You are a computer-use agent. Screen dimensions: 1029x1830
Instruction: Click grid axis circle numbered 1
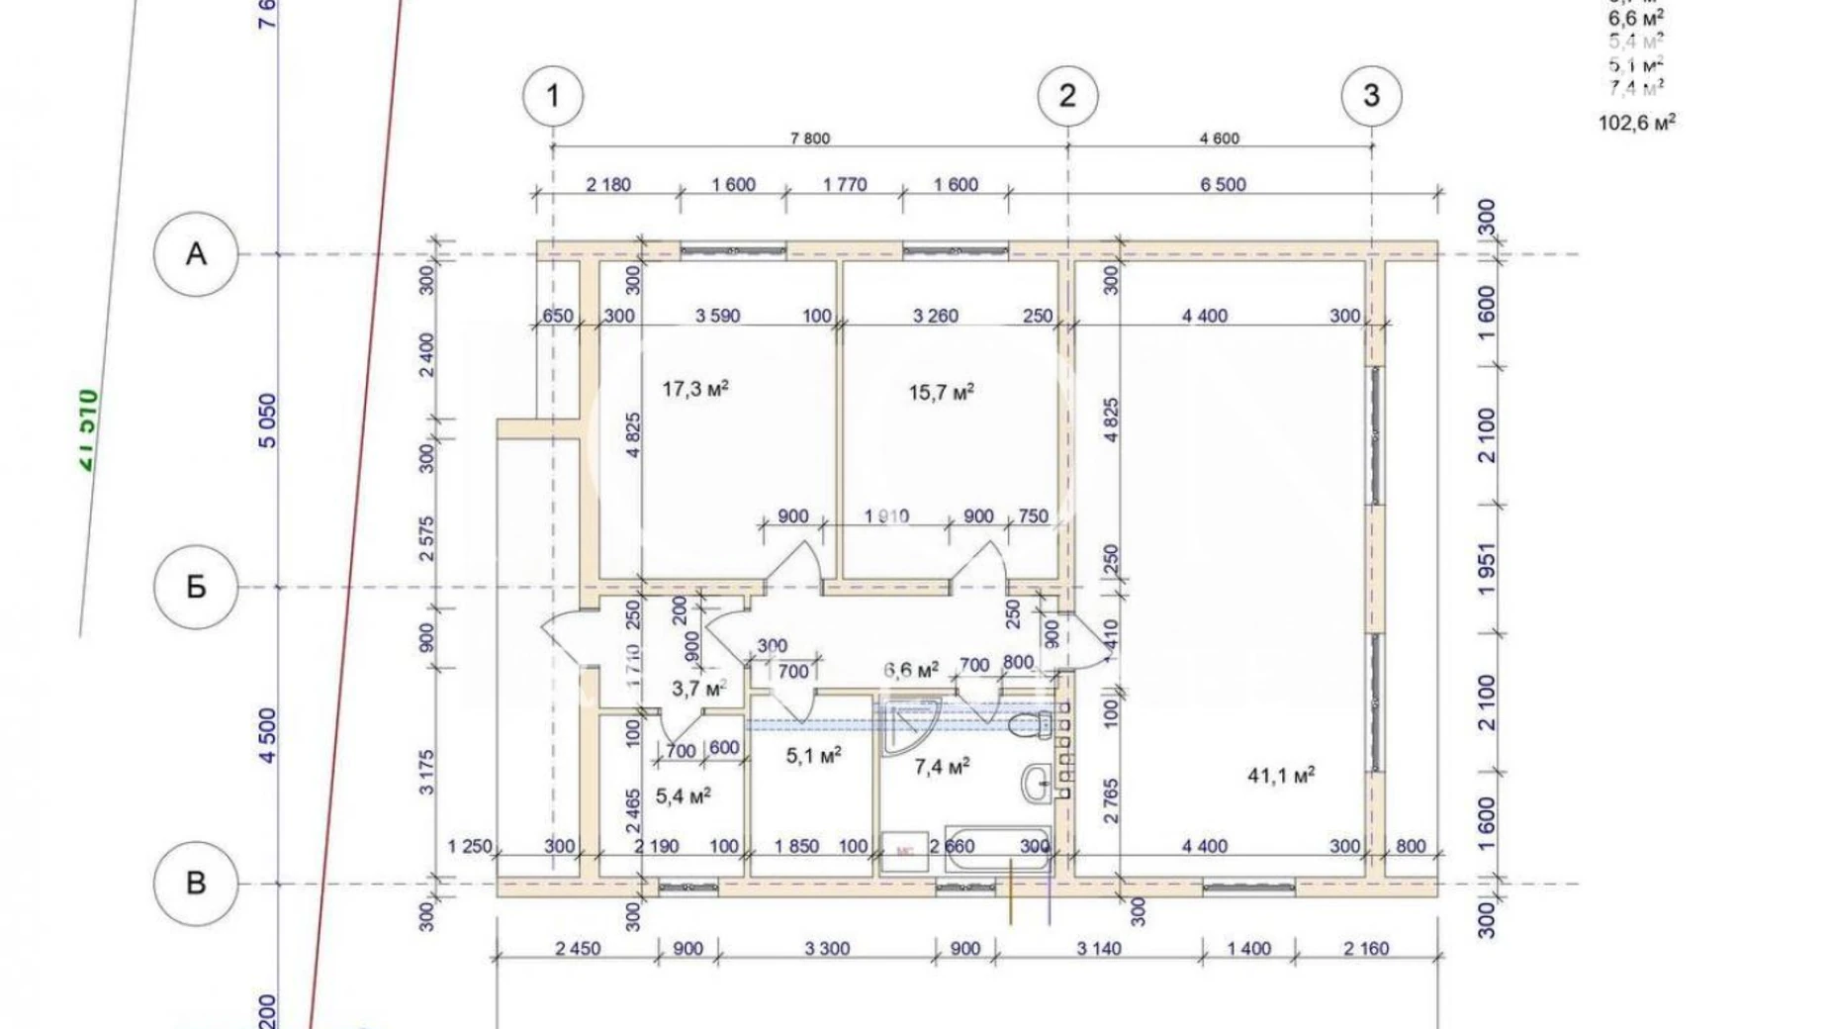coord(553,96)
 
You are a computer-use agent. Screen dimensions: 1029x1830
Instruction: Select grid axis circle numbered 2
coord(1067,96)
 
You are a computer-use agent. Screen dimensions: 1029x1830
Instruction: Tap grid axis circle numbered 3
coord(1371,96)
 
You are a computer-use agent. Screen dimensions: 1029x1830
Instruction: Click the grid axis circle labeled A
coord(196,254)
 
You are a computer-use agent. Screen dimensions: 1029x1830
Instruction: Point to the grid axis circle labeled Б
coord(196,587)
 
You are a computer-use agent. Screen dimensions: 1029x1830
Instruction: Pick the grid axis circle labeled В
coord(196,883)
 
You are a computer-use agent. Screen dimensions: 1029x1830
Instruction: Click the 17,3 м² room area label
coord(695,389)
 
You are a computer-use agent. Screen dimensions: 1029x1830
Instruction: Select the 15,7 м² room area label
coord(941,393)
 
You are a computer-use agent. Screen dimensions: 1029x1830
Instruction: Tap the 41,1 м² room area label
coord(1281,775)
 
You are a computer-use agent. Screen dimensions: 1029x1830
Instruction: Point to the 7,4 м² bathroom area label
coord(941,767)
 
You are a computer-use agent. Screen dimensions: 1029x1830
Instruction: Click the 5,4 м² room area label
coord(684,795)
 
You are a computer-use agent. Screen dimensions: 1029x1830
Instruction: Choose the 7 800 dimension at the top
coord(810,139)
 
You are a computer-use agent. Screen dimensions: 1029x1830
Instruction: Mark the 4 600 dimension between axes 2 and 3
coord(1219,139)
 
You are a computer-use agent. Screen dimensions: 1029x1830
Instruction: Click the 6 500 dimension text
coord(1223,184)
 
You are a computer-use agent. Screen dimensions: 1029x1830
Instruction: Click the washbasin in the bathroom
coord(1037,784)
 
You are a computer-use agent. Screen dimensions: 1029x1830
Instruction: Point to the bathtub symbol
coord(997,849)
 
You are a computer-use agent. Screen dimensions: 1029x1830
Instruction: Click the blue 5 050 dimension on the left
coord(268,421)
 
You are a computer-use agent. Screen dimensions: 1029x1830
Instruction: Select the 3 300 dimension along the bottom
coord(827,949)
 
